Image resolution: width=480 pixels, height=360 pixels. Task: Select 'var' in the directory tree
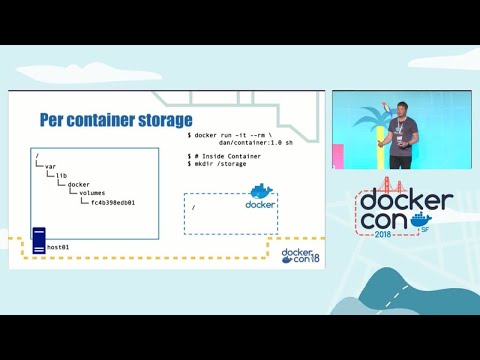click(x=51, y=166)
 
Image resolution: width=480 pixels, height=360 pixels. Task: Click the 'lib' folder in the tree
click(x=61, y=175)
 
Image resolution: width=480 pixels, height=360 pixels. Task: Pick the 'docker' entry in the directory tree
click(x=79, y=184)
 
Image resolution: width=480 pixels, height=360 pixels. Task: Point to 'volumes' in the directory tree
click(x=92, y=193)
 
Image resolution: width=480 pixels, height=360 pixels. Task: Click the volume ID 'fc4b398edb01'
click(x=112, y=202)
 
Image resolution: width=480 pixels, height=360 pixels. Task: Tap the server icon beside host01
click(x=39, y=239)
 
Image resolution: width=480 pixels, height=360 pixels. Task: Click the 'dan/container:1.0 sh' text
click(x=256, y=142)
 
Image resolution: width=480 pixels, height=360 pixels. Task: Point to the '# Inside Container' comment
click(x=229, y=157)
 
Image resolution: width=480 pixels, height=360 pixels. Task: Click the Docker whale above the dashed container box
click(x=260, y=192)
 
